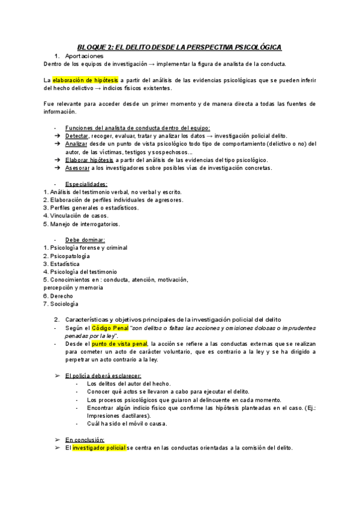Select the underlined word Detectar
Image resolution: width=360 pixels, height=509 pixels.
tap(76, 136)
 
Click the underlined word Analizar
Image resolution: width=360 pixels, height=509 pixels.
tap(76, 144)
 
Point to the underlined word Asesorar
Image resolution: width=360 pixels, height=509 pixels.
tap(77, 168)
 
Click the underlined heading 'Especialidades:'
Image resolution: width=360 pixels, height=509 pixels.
tap(86, 184)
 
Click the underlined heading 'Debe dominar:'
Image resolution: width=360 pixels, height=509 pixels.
tap(85, 239)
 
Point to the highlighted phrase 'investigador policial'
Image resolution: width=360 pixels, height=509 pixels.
tap(99, 448)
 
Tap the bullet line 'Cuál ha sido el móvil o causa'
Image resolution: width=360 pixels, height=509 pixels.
tap(127, 423)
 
